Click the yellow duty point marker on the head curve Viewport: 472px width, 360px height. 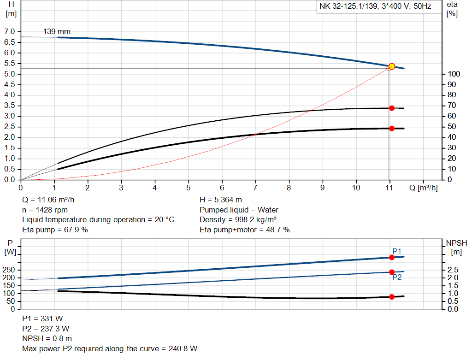(x=392, y=66)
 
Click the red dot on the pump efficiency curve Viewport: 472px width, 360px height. (x=392, y=108)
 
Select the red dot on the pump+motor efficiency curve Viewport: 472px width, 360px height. (x=392, y=128)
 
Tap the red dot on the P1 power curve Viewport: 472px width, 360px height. (x=392, y=257)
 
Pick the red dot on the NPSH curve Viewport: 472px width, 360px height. (x=392, y=297)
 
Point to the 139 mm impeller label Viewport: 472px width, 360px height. (x=57, y=32)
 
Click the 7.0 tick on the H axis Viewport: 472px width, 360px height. (x=9, y=32)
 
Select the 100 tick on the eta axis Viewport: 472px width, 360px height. (x=452, y=74)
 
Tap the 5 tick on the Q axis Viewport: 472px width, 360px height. (x=189, y=188)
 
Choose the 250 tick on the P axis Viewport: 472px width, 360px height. (x=9, y=270)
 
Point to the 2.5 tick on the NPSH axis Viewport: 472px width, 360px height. (x=453, y=270)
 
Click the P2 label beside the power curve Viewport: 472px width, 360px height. (x=397, y=277)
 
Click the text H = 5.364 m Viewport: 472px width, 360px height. (x=221, y=200)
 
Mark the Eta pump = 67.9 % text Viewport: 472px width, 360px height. (x=55, y=230)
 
